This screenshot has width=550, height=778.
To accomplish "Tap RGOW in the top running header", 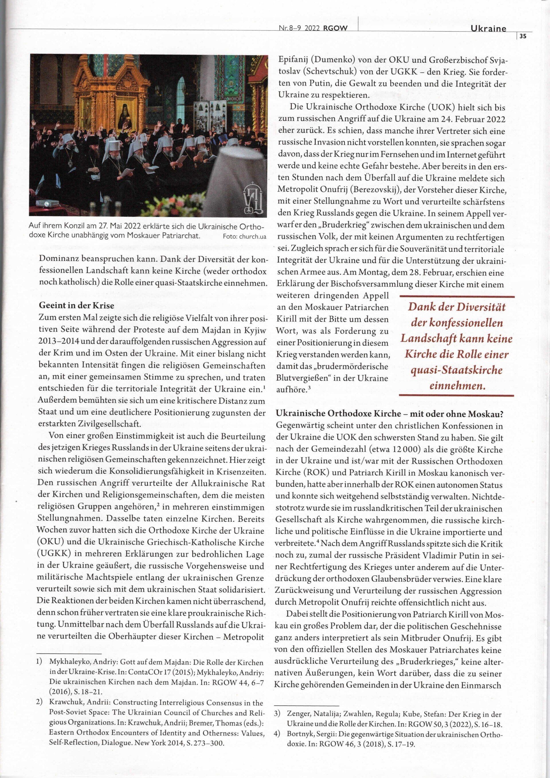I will [x=336, y=29].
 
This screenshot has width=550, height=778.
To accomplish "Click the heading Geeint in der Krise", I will [x=76, y=305].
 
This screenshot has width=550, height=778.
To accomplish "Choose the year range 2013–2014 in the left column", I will [x=57, y=342].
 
